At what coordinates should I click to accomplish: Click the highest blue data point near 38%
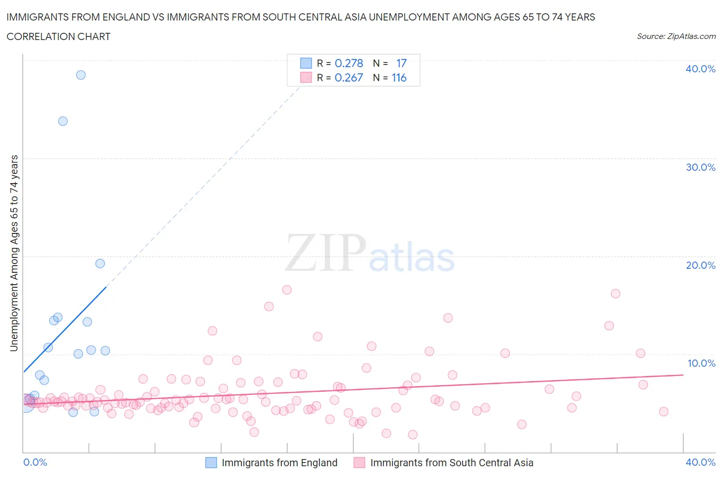click(x=81, y=75)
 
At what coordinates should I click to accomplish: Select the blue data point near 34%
click(x=63, y=121)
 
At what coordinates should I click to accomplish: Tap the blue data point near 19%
click(x=100, y=264)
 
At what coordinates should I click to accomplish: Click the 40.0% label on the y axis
click(x=700, y=69)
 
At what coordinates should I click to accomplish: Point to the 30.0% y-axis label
click(x=700, y=167)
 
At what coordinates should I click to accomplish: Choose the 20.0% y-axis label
click(x=700, y=265)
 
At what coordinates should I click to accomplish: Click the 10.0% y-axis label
click(x=701, y=363)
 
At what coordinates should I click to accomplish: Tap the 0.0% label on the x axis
click(x=35, y=462)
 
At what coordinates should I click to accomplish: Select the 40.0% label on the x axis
click(x=700, y=462)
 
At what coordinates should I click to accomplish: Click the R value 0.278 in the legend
click(x=349, y=63)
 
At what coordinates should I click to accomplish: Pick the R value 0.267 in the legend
click(x=349, y=77)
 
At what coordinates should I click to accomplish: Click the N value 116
click(x=399, y=77)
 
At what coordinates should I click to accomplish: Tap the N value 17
click(x=401, y=63)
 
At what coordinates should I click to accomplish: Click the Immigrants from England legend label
click(x=279, y=463)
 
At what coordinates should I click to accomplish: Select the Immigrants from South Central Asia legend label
click(x=451, y=463)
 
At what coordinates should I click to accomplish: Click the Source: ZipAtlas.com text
click(x=676, y=36)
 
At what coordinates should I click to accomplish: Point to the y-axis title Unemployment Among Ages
click(x=14, y=253)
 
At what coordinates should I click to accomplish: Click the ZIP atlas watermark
click(x=370, y=253)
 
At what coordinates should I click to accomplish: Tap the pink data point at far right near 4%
click(x=663, y=411)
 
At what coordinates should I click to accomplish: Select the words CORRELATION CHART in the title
click(x=59, y=36)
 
